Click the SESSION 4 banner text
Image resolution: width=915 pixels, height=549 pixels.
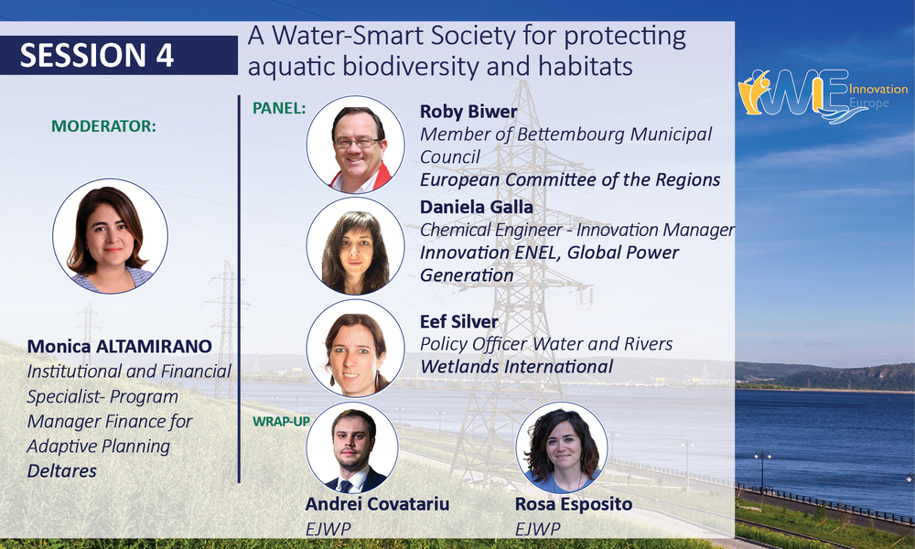pos(97,56)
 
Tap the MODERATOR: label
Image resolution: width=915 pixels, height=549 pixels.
pos(104,126)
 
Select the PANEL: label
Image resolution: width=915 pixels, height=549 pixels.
pos(279,108)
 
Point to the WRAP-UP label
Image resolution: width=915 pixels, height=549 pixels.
pos(281,421)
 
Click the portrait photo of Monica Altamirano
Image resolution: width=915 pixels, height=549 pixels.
pos(111,236)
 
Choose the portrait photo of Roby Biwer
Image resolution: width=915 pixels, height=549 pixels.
pos(355,145)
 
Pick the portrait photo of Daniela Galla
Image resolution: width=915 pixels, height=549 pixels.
pos(355,245)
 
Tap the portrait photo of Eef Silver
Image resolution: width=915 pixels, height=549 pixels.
pos(355,349)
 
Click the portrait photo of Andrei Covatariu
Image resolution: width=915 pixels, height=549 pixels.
pos(352,447)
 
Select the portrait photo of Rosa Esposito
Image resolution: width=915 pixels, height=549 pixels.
pos(562,447)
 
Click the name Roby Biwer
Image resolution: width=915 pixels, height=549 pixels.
pos(468,112)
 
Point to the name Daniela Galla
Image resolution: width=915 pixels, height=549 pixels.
pos(476,207)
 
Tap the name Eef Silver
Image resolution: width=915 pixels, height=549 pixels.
pos(459,321)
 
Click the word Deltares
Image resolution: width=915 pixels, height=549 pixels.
pos(62,471)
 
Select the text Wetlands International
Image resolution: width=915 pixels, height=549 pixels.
pos(516,366)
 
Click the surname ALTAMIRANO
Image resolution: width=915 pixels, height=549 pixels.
pos(154,347)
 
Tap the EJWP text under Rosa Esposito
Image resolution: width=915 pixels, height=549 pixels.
pos(537,529)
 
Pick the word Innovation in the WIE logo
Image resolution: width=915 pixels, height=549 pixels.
pos(878,90)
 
